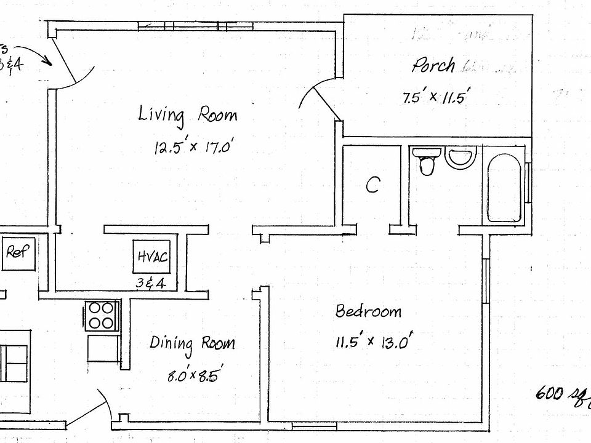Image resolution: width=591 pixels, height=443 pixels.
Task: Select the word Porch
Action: point(434,64)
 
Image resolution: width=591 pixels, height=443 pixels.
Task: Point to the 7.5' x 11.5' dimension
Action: point(436,97)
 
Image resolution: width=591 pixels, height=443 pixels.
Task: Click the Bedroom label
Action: point(368,311)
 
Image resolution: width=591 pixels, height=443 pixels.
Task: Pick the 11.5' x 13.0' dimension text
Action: point(372,342)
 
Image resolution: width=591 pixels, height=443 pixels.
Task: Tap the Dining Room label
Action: point(192,343)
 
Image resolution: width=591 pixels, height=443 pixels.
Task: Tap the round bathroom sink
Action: point(459,158)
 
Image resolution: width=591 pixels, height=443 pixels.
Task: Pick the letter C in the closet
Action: point(372,185)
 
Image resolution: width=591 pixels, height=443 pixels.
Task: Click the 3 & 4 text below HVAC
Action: point(152,284)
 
